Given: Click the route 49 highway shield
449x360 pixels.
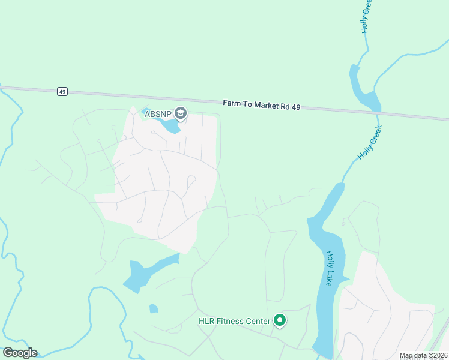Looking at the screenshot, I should pos(62,92).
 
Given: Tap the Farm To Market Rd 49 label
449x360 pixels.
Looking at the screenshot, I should pos(261,105).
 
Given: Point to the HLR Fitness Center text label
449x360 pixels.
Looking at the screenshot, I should pos(235,321).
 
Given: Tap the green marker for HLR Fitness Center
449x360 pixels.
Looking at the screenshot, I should pos(280,321).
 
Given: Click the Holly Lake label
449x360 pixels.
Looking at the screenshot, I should pos(330,268).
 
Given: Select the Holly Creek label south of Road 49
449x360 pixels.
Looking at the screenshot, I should pos(369,143).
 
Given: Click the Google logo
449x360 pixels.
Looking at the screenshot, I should pos(20,353).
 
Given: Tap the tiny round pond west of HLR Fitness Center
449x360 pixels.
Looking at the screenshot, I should pos(154,308).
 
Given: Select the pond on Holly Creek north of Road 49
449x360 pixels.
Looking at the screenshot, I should pos(364,90).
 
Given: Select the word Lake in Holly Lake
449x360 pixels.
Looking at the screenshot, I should pos(329,277).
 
